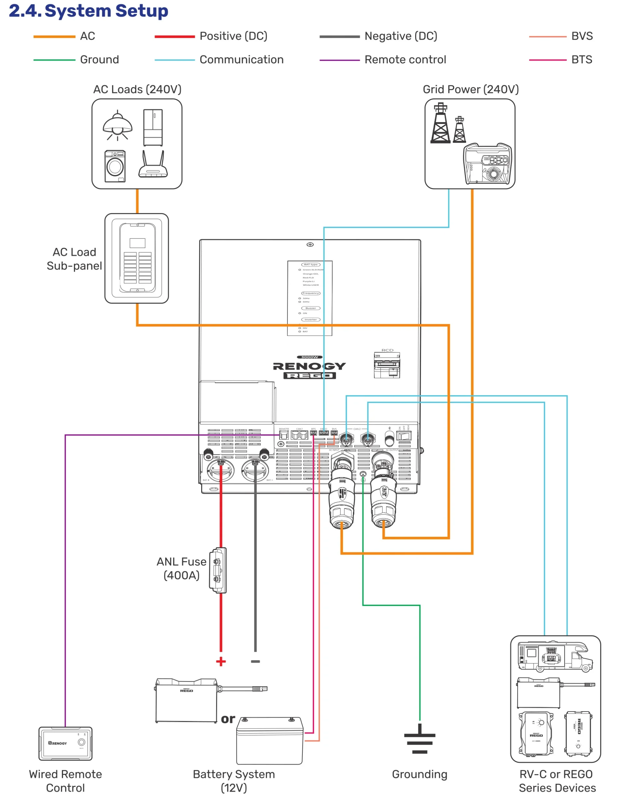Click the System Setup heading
click(x=88, y=11)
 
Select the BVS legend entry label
click(x=581, y=36)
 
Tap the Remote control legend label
click(x=405, y=60)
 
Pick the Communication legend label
click(x=241, y=60)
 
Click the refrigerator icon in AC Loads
click(x=153, y=127)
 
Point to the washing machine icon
click(x=115, y=166)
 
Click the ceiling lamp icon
click(x=117, y=125)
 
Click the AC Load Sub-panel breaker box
click(x=137, y=258)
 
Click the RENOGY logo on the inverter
click(x=309, y=366)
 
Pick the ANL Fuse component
click(x=218, y=570)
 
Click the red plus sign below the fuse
click(x=221, y=661)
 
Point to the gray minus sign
click(x=255, y=661)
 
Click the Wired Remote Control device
click(x=66, y=743)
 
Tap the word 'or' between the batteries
click(x=228, y=719)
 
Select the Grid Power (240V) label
click(x=470, y=89)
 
